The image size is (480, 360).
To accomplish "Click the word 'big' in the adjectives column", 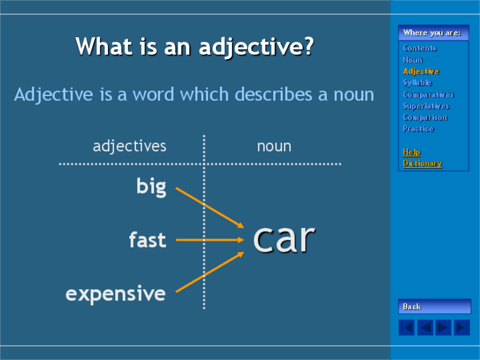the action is click(x=151, y=187).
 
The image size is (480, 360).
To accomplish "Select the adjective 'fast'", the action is click(x=148, y=239).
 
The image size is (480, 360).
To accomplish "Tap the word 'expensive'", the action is click(x=115, y=294).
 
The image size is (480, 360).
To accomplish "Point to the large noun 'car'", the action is click(x=284, y=239).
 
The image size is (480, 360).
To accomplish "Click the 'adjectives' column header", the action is click(x=130, y=146).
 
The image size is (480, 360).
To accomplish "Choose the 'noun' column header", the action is click(x=274, y=147).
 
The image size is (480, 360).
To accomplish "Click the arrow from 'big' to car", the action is click(x=209, y=208).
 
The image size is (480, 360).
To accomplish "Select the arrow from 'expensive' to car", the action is click(x=209, y=272).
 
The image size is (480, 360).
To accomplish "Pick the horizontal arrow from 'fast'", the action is click(x=209, y=240).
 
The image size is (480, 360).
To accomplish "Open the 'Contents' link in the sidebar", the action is click(x=419, y=48).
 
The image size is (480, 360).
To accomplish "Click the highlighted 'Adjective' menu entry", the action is click(x=421, y=71).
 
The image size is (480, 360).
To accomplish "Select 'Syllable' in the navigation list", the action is click(x=417, y=83).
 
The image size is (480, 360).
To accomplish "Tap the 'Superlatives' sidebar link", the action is click(x=426, y=106).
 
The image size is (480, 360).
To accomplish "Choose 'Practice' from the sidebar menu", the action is click(x=418, y=129).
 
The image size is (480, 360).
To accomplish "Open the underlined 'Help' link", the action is click(x=412, y=152).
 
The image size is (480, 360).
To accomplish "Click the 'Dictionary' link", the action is click(x=422, y=164).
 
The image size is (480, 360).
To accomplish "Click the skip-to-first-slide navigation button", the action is click(x=406, y=328).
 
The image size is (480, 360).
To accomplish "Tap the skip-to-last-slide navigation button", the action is click(x=462, y=328).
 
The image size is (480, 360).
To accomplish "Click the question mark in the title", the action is click(x=309, y=46).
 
